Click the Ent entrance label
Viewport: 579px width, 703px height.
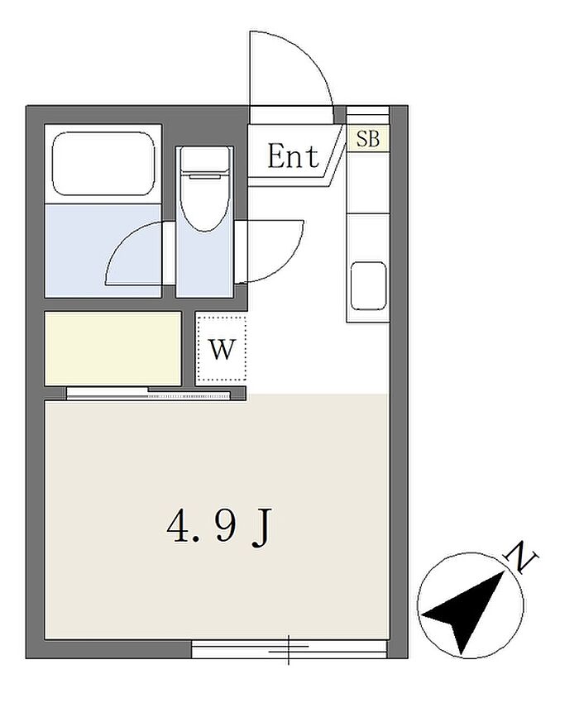293,156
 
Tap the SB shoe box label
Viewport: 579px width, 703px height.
368,139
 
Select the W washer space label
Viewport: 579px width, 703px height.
223,349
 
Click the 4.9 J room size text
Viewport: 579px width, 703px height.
219,529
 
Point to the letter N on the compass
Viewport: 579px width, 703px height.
521,557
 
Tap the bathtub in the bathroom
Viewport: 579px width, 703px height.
103,164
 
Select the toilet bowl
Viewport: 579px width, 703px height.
205,202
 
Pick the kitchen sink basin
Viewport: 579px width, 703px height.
368,286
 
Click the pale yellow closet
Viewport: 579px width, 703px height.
113,348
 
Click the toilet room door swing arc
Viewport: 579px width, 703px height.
287,259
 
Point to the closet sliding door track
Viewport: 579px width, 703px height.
148,394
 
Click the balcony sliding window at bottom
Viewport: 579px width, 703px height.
289,649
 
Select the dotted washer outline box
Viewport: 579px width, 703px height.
222,348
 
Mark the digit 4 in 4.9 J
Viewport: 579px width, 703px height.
178,528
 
